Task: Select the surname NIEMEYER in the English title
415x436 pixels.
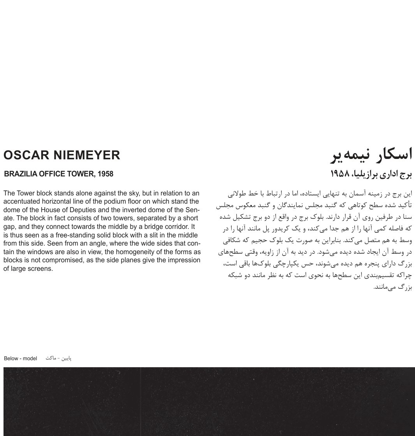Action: pos(87,155)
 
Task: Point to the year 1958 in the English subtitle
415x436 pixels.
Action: pos(105,174)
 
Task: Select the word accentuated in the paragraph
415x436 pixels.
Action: pos(21,202)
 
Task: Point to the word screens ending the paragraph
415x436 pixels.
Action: pos(40,269)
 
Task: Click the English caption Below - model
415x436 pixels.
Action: pos(20,358)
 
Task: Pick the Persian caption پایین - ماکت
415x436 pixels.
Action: pos(58,358)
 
